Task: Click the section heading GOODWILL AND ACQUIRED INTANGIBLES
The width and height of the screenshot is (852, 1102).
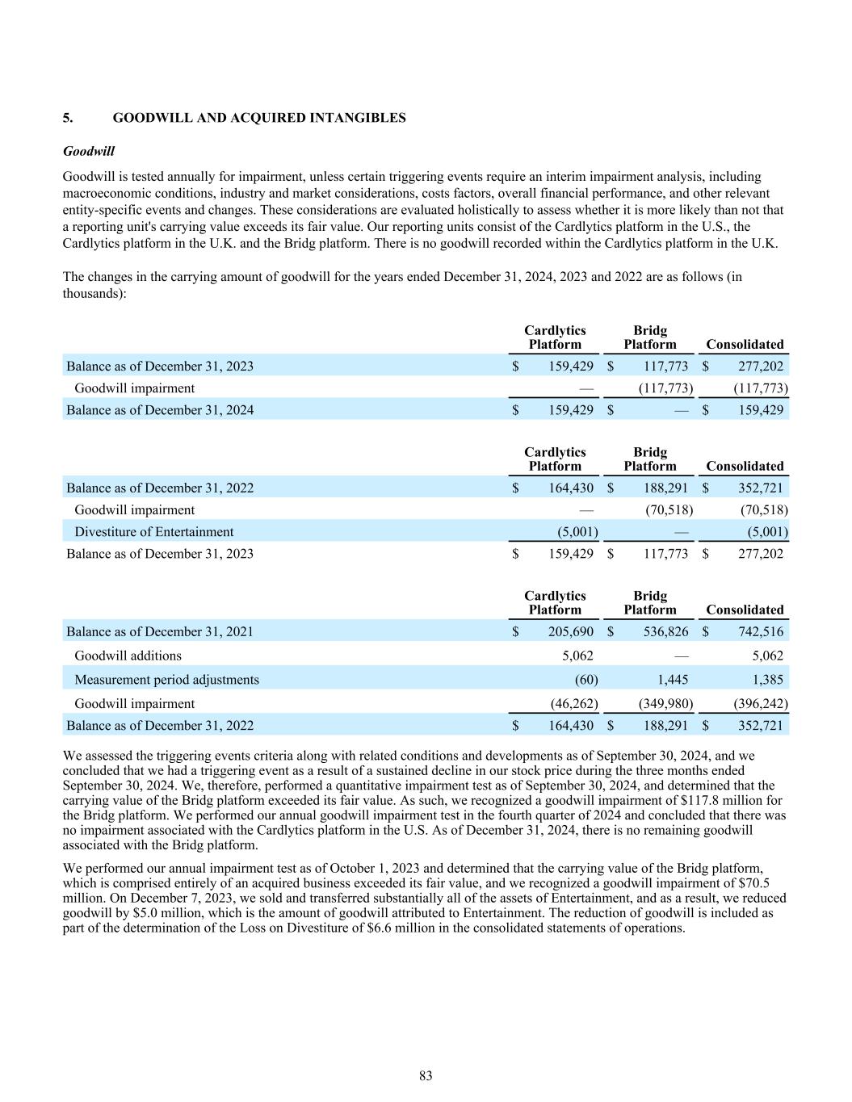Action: (x=258, y=118)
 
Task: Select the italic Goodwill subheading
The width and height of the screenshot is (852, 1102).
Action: (x=88, y=151)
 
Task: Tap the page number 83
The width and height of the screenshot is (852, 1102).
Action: (x=426, y=1075)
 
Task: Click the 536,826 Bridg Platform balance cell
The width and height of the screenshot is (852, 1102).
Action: (x=664, y=631)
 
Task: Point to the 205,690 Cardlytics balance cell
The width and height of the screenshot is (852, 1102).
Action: (x=570, y=631)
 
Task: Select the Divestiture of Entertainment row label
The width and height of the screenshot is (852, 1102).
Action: (x=153, y=531)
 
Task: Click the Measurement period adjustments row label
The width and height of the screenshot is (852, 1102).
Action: (x=166, y=679)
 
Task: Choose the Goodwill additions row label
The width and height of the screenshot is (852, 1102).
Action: (x=128, y=656)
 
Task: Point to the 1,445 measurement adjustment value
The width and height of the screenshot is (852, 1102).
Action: (x=673, y=679)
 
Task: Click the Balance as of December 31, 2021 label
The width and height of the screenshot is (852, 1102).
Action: (x=159, y=631)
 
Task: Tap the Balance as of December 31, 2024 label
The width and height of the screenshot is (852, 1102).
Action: (x=159, y=409)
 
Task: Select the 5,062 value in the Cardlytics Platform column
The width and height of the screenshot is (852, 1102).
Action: (x=577, y=656)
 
